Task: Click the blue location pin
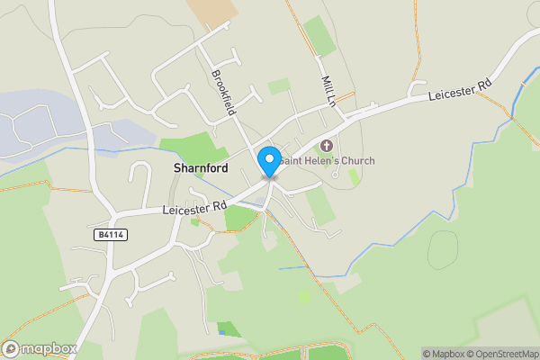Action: click(x=268, y=161)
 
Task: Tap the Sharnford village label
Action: click(x=200, y=168)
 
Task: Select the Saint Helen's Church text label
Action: click(x=326, y=161)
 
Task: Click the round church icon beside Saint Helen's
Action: click(x=326, y=146)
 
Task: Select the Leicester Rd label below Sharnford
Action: click(x=194, y=208)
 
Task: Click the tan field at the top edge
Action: click(x=213, y=11)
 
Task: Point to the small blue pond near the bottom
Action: click(x=221, y=333)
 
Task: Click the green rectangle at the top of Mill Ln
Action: click(x=318, y=34)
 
